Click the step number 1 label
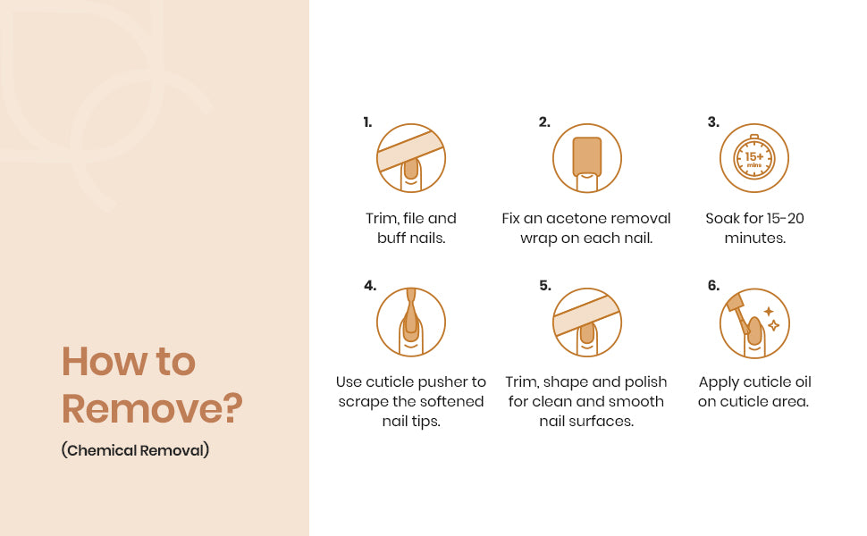click(x=367, y=122)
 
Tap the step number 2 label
click(x=544, y=122)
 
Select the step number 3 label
click(x=714, y=122)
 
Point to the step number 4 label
click(x=370, y=286)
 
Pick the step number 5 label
click(x=545, y=286)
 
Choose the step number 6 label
click(x=714, y=286)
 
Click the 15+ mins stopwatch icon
click(x=754, y=158)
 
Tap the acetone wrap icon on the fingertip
click(x=587, y=158)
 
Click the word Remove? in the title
click(x=152, y=409)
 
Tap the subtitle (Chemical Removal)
click(x=136, y=450)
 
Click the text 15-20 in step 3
click(x=783, y=218)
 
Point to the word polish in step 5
click(x=646, y=382)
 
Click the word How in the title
click(x=104, y=362)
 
